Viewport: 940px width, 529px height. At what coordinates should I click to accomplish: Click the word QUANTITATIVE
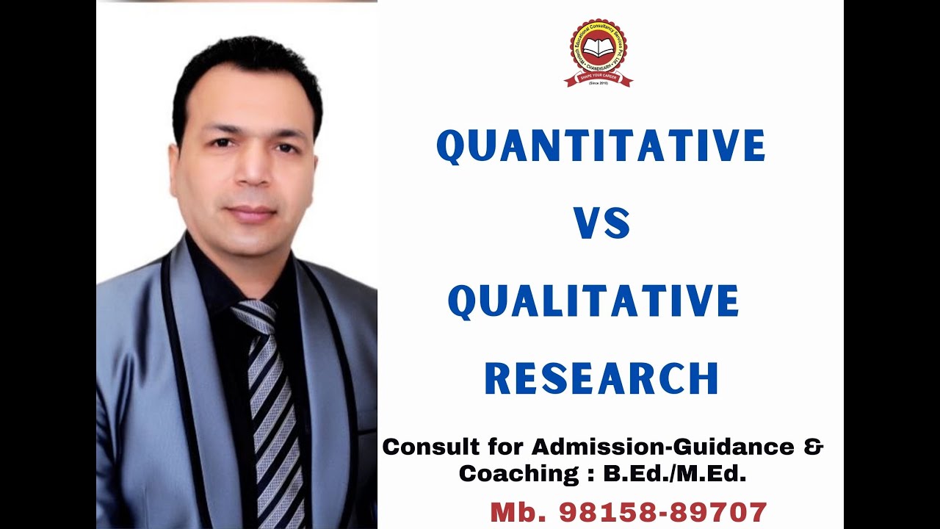coord(601,145)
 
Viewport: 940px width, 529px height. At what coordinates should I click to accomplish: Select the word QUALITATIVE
coord(593,301)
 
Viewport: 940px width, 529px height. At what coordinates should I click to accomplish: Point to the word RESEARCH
coord(601,378)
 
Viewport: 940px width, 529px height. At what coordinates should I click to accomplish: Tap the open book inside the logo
coord(599,49)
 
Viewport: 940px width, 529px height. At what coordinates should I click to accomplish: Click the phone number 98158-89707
coord(663,512)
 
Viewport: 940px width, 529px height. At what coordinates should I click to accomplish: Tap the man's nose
coord(247,173)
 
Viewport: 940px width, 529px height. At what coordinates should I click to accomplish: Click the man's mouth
coord(251,212)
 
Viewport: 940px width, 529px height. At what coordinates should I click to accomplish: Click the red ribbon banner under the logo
coord(599,79)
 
